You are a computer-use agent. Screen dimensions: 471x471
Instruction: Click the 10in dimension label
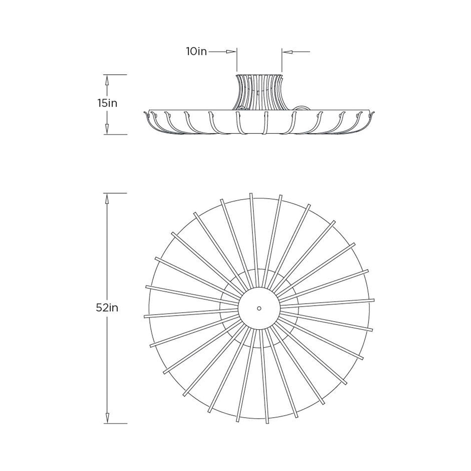click(x=197, y=52)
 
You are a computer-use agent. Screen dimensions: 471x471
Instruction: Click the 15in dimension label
click(x=107, y=103)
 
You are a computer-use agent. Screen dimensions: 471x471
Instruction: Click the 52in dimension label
click(x=107, y=308)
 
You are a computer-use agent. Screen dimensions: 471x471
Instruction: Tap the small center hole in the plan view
click(x=259, y=308)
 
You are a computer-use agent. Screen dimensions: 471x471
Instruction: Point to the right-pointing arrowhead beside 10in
click(x=231, y=52)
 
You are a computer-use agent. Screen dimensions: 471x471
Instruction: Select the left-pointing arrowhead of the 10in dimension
click(x=287, y=52)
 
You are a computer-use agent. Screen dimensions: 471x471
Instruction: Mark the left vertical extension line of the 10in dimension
click(x=237, y=62)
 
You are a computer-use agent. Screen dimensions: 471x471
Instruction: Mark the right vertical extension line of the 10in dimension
click(x=282, y=62)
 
